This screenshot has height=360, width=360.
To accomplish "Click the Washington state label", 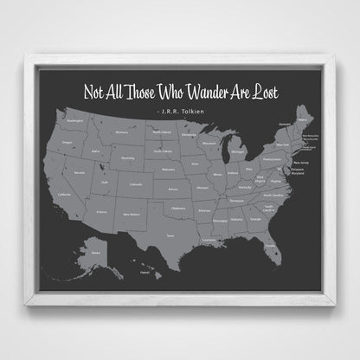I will click(x=74, y=121).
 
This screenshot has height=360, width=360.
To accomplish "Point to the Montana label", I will click(x=123, y=132).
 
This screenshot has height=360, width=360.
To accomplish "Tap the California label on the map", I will click(x=64, y=195).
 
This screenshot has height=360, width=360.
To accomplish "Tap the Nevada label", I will click(x=82, y=173).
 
